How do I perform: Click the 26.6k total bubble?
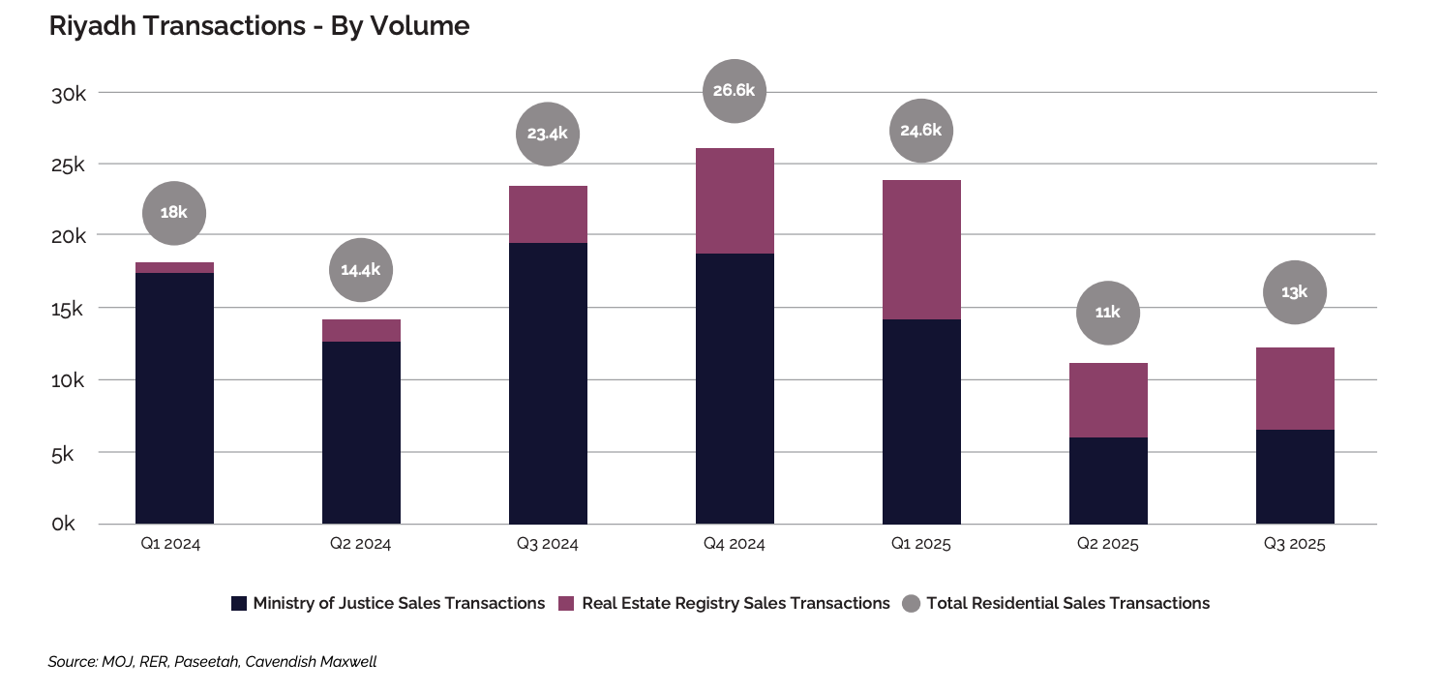click(735, 91)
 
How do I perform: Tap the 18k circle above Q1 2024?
click(174, 213)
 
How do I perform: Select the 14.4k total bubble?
click(361, 270)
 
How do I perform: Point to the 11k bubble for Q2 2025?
click(1108, 313)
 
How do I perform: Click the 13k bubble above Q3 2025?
click(1295, 291)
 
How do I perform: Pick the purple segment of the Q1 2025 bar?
click(921, 250)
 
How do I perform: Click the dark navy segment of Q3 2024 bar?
click(548, 382)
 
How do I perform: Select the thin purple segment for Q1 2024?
click(174, 267)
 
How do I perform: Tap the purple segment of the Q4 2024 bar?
click(735, 200)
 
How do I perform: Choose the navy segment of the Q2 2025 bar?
click(1108, 480)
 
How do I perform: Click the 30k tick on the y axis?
click(70, 94)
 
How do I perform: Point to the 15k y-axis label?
click(70, 309)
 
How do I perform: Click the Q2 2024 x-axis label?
click(361, 544)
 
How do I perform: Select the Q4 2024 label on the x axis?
click(735, 544)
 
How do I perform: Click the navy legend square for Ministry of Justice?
click(239, 604)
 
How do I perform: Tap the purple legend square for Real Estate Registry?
click(567, 604)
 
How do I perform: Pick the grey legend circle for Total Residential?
click(910, 604)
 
